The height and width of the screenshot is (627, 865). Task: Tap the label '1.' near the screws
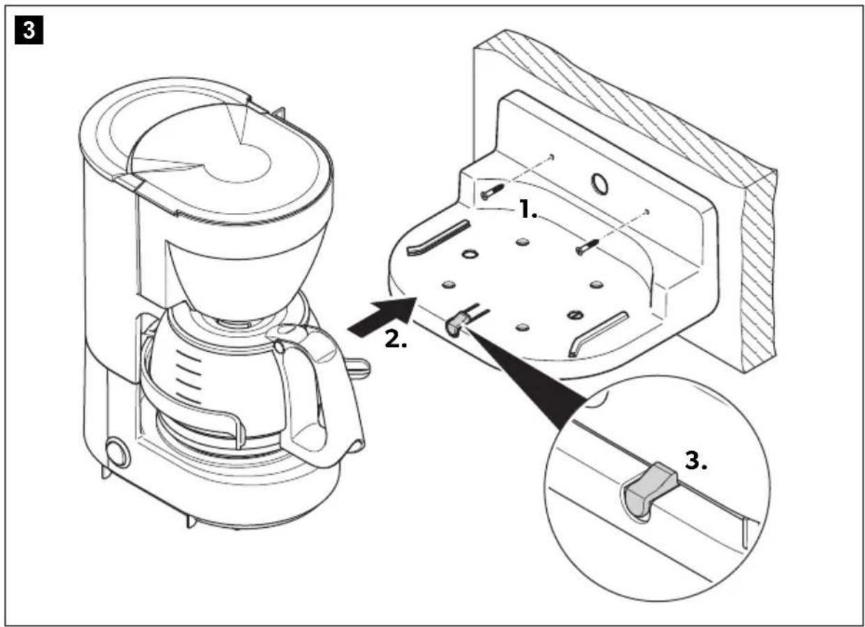[527, 210]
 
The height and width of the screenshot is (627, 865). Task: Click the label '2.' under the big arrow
[397, 340]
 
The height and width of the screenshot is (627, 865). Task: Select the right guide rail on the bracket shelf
[596, 333]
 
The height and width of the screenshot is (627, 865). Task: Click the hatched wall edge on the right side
[760, 279]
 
